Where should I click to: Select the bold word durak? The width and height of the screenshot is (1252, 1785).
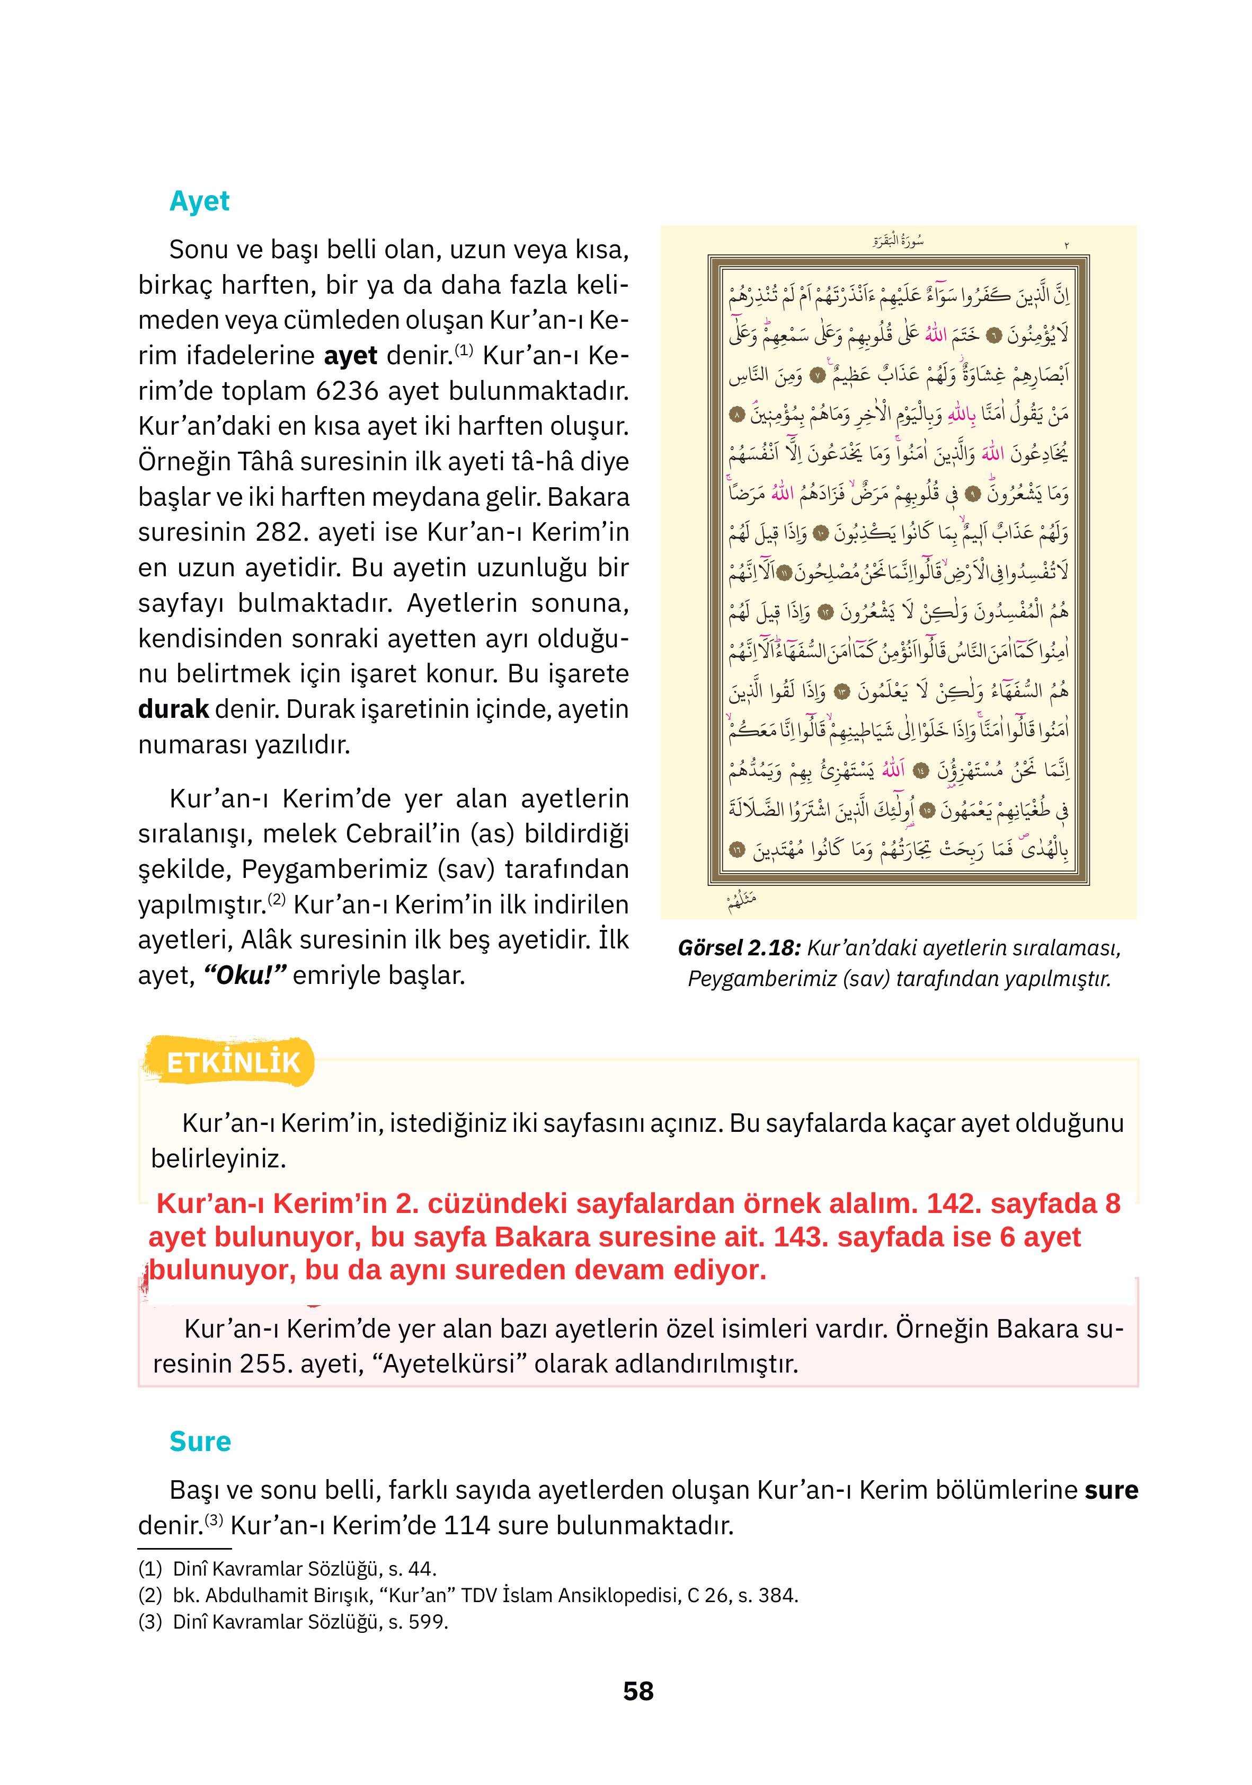(173, 709)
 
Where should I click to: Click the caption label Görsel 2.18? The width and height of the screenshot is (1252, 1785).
(738, 948)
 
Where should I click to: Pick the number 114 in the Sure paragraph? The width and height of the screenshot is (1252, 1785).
(466, 1525)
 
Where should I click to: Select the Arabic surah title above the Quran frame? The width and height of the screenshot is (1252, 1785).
(898, 241)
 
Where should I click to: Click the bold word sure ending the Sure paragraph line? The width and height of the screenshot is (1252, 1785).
(1112, 1490)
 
